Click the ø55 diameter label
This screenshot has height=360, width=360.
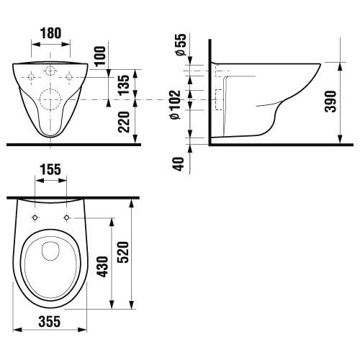(180, 48)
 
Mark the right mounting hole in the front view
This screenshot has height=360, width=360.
(70, 76)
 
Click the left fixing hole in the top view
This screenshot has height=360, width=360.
(35, 217)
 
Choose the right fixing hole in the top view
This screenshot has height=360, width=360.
(67, 217)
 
